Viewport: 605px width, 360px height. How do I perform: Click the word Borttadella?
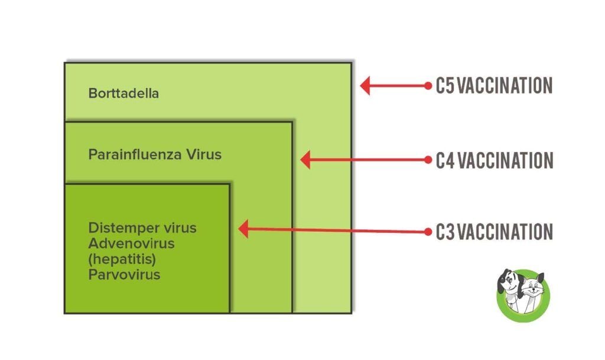[123, 93]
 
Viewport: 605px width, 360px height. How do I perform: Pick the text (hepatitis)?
[122, 259]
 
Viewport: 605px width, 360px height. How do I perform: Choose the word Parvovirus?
[124, 275]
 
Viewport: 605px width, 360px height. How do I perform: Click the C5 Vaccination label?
[494, 86]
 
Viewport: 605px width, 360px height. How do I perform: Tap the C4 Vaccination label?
[494, 160]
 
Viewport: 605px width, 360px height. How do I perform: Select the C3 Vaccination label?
[494, 232]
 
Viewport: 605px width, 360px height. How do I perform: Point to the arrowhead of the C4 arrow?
[305, 159]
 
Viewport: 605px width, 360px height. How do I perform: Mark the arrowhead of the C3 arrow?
[243, 229]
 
